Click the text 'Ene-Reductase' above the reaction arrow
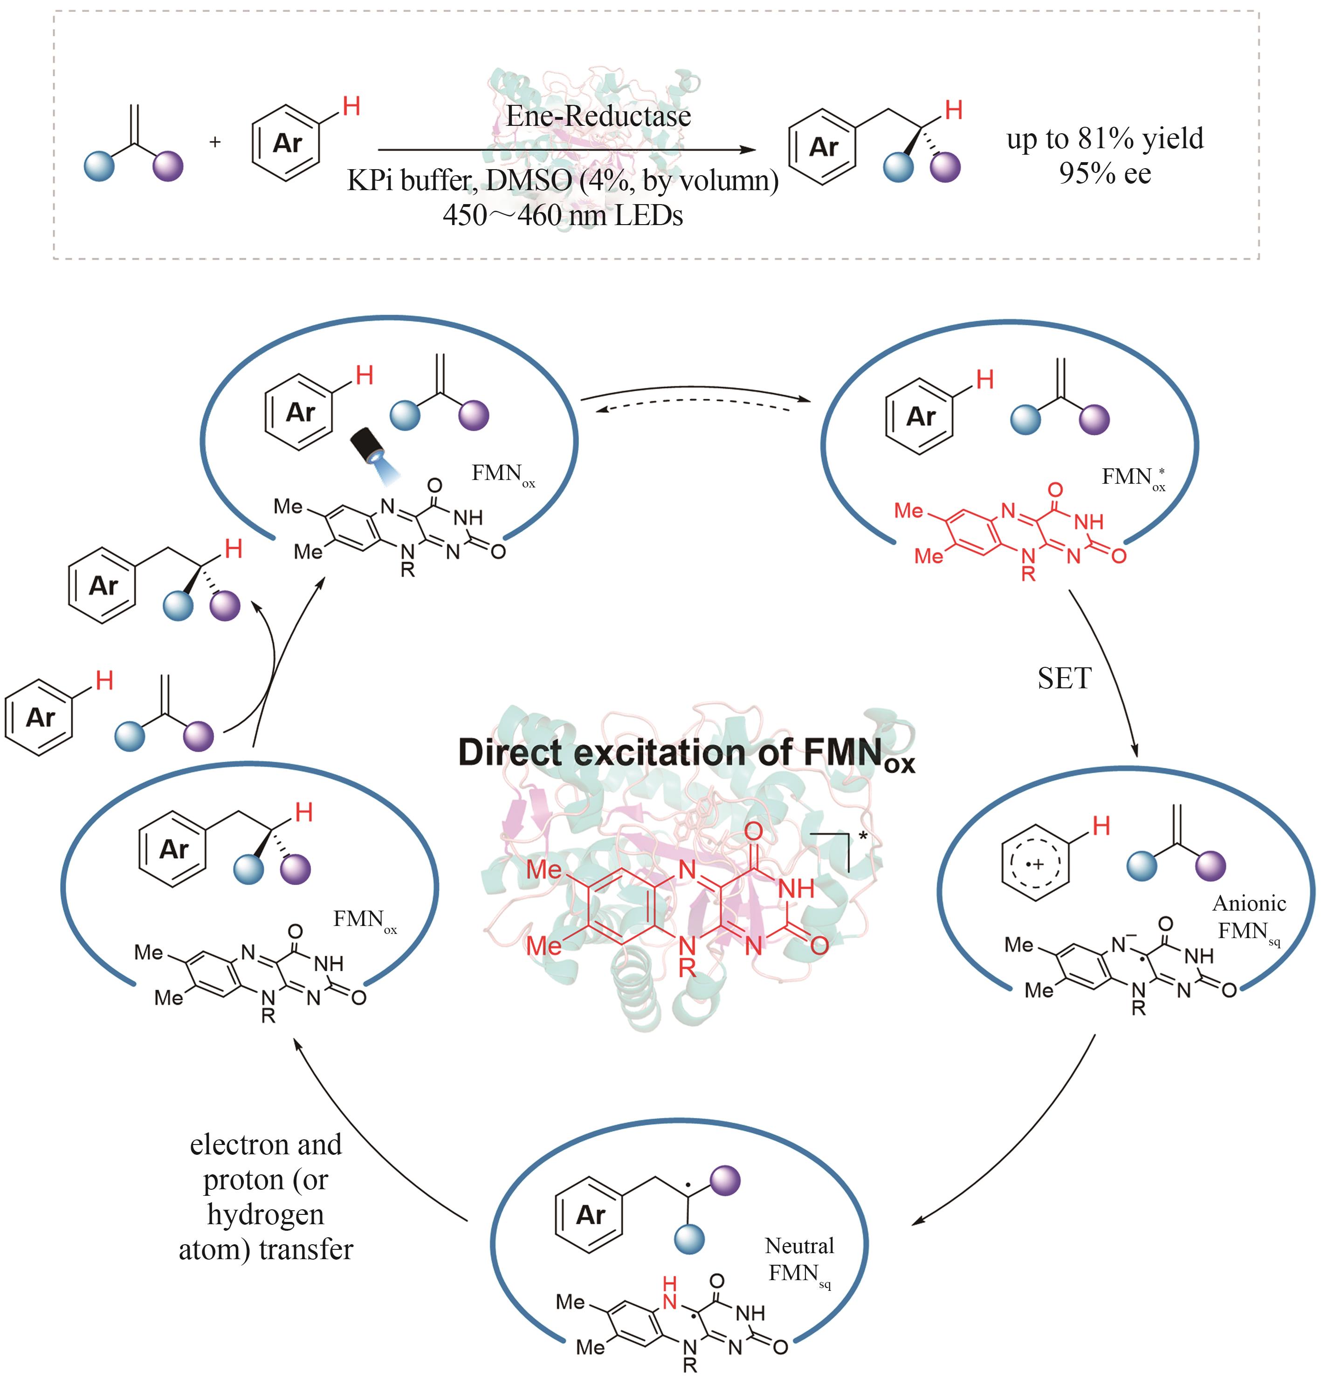click(598, 116)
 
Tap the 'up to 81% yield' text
click(1104, 138)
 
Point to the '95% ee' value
click(1104, 173)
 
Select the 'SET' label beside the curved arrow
click(1064, 679)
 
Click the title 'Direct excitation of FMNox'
click(686, 753)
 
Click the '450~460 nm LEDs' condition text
click(563, 214)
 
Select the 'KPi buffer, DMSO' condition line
click(563, 181)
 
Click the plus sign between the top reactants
click(215, 142)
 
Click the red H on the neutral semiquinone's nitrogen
click(670, 1282)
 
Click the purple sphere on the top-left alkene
click(168, 167)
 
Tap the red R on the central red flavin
click(687, 968)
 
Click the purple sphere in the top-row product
click(945, 167)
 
